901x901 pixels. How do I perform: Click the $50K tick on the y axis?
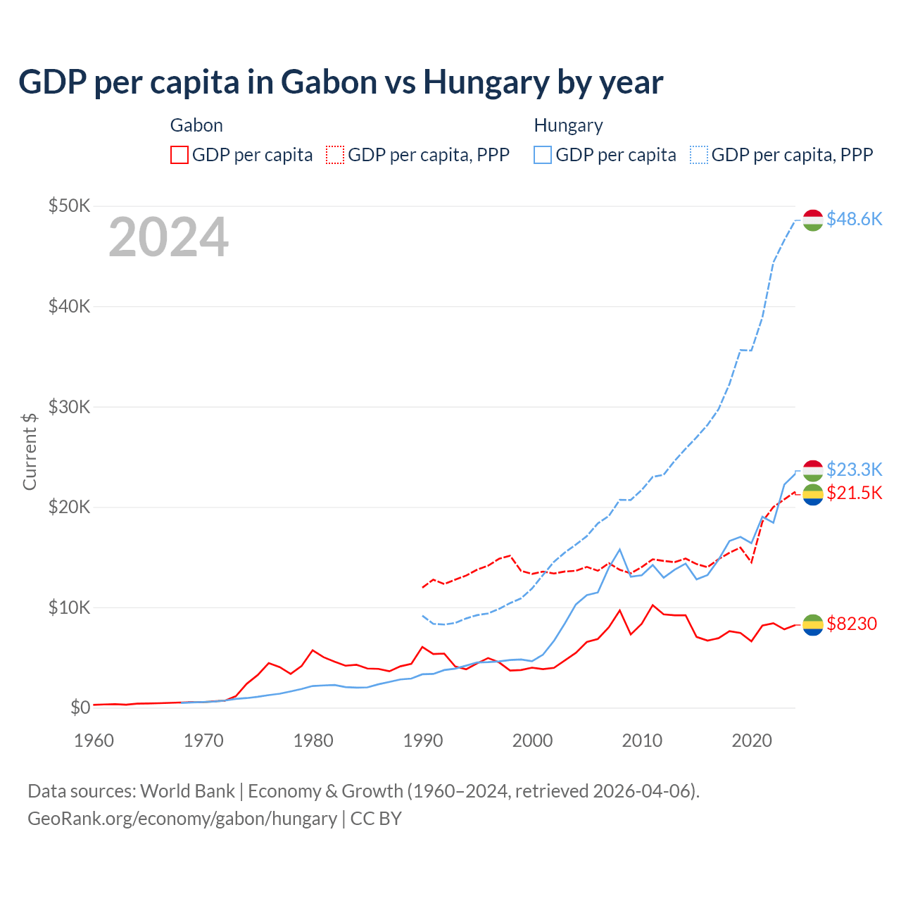click(x=69, y=206)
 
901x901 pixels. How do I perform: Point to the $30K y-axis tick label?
click(x=69, y=407)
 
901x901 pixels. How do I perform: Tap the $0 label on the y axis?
click(x=80, y=707)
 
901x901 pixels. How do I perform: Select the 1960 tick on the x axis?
click(x=94, y=741)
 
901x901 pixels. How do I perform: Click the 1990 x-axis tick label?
click(x=422, y=741)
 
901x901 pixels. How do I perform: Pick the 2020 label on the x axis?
click(x=752, y=741)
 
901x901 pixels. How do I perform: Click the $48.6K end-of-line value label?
click(x=854, y=219)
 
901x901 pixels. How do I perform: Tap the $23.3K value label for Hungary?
click(x=854, y=470)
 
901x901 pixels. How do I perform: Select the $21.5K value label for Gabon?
click(x=854, y=493)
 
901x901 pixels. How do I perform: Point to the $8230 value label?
click(x=852, y=624)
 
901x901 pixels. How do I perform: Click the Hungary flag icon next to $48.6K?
click(x=813, y=220)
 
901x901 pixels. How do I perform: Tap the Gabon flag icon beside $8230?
click(x=813, y=624)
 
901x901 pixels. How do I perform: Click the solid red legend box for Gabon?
click(x=179, y=155)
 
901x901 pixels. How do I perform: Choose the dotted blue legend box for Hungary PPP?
click(x=699, y=155)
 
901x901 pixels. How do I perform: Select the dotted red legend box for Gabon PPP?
click(x=335, y=155)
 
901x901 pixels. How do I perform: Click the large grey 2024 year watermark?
click(x=168, y=238)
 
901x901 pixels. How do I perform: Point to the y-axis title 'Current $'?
click(x=30, y=451)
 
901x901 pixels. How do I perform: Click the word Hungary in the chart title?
click(x=486, y=82)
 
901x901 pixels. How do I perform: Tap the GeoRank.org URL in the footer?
click(x=182, y=819)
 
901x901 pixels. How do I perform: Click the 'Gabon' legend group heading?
click(x=196, y=125)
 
